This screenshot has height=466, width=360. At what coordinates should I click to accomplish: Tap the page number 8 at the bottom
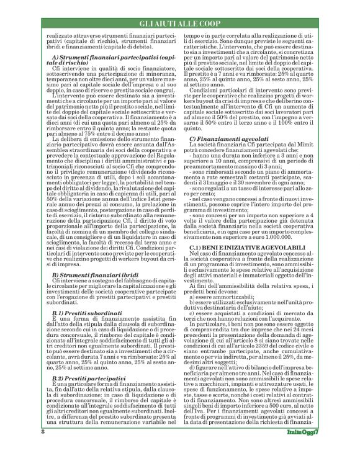click(25, 449)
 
